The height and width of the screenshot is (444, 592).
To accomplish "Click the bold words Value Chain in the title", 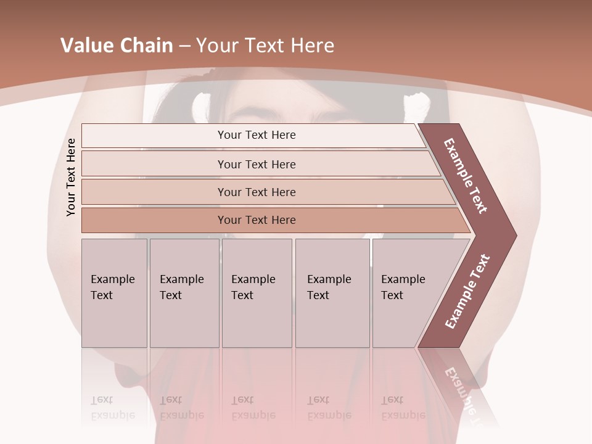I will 117,46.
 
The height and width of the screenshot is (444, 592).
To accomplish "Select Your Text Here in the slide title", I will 265,46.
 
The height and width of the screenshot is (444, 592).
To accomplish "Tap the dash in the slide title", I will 184,46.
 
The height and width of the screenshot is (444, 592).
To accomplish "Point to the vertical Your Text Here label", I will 71,178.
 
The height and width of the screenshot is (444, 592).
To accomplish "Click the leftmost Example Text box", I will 114,292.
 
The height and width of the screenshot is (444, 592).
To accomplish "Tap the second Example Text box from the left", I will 184,292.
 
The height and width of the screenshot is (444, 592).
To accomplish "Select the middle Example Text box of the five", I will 257,292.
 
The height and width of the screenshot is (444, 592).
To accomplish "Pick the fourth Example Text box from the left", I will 332,292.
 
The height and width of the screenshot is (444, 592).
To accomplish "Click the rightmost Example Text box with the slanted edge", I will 407,292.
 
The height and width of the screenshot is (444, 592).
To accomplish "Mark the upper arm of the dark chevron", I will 467,175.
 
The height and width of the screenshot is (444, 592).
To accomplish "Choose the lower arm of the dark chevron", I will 467,292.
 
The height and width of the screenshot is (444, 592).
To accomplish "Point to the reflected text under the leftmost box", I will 113,408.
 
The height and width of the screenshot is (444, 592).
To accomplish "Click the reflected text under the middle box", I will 253,408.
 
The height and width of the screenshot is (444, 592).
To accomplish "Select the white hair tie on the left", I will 199,107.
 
